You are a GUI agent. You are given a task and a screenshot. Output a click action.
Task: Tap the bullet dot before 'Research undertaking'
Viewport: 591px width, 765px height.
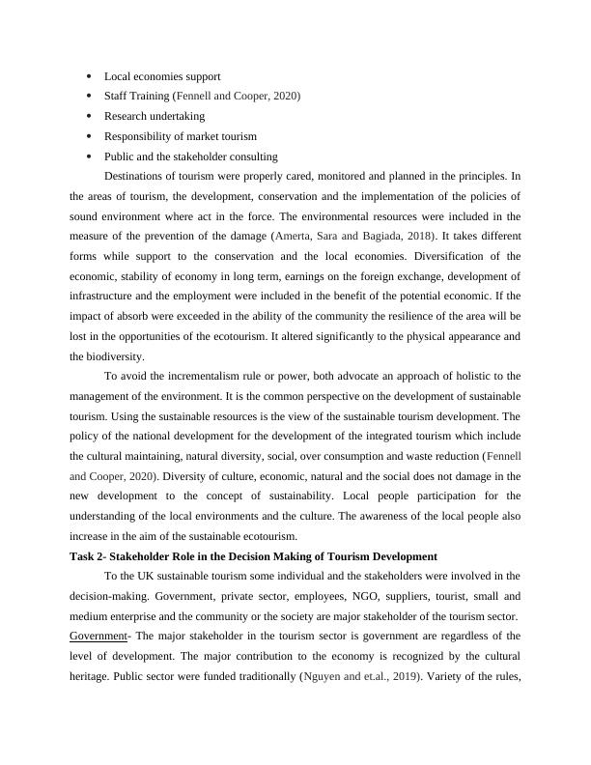click(88, 116)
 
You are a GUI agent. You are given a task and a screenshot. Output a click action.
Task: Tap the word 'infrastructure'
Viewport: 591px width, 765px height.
click(106, 296)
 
